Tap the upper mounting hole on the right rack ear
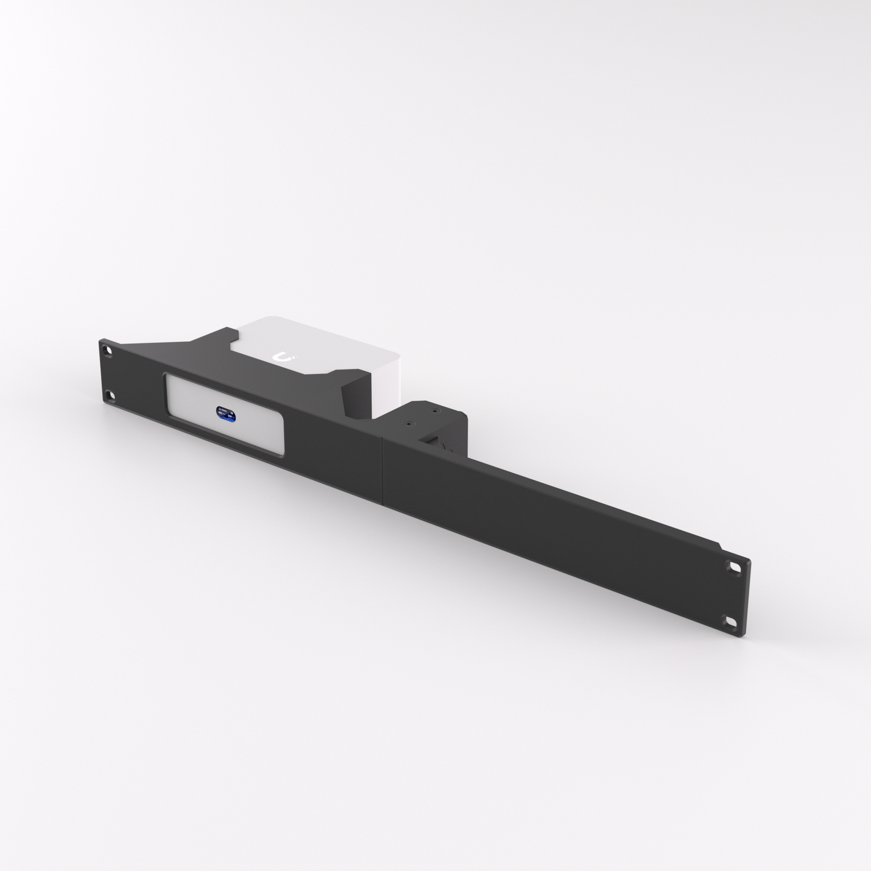click(735, 568)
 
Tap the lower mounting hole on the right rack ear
click(731, 621)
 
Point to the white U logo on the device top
click(281, 357)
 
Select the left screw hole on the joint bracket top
click(410, 424)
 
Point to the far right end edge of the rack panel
click(747, 597)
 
